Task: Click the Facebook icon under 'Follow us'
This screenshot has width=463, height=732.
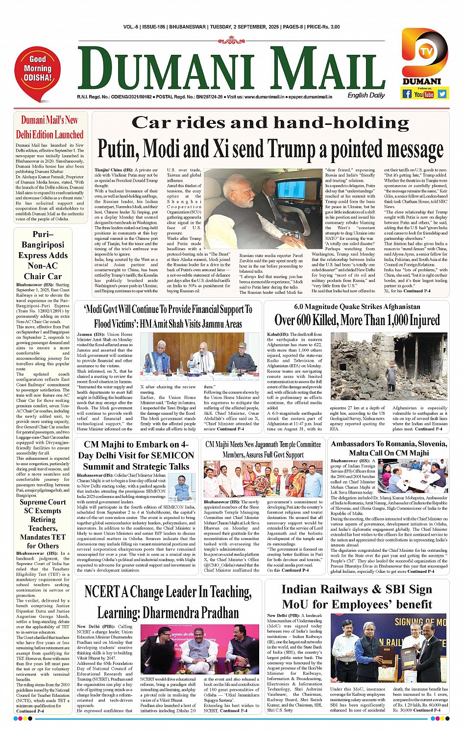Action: [x=407, y=93]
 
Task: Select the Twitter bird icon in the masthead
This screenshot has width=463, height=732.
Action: [x=442, y=93]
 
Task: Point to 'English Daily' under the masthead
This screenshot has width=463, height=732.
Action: [x=366, y=95]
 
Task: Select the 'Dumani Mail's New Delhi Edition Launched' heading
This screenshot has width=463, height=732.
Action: [x=49, y=127]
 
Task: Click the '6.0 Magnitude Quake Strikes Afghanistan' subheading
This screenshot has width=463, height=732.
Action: [x=357, y=307]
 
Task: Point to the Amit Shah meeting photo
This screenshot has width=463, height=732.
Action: [x=201, y=356]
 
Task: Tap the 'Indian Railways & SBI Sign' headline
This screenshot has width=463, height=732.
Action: [x=357, y=590]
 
